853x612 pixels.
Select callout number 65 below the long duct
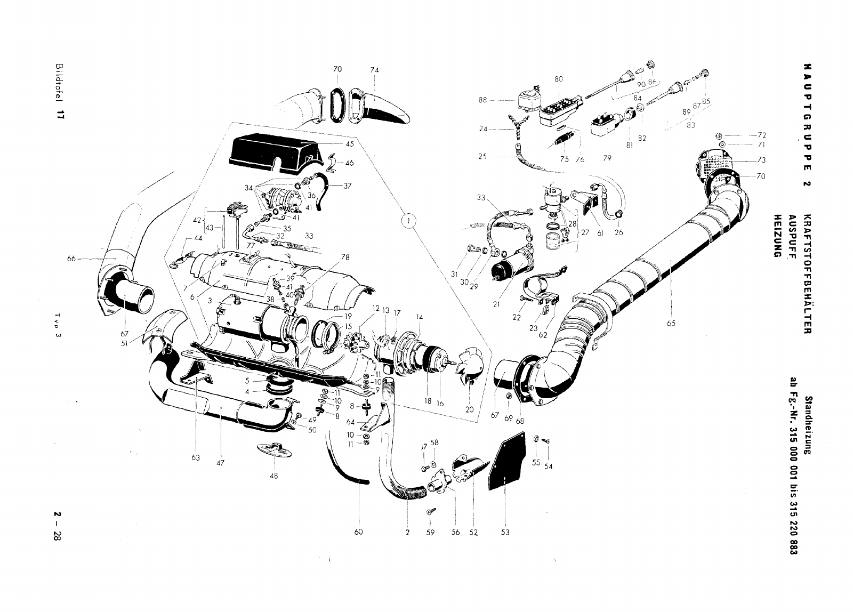pyautogui.click(x=671, y=323)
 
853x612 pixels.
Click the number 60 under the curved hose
pyautogui.click(x=358, y=532)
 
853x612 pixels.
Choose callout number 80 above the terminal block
pyautogui.click(x=558, y=79)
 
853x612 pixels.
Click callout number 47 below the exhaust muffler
pyautogui.click(x=220, y=463)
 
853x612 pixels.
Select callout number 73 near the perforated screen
pyautogui.click(x=761, y=160)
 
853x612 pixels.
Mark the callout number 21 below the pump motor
pyautogui.click(x=496, y=305)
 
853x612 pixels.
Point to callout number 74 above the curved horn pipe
pyautogui.click(x=375, y=70)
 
